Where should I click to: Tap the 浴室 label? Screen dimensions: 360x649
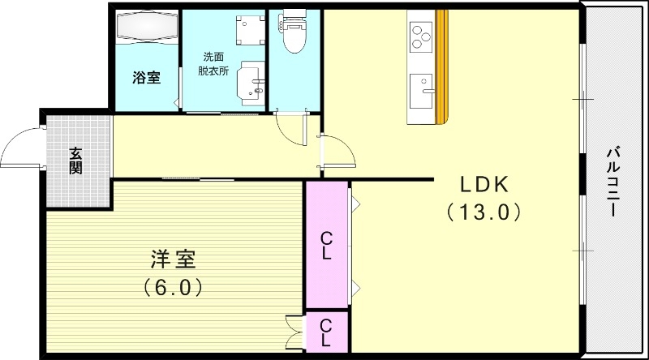click(146, 78)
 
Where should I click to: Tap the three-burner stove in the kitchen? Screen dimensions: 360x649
click(421, 34)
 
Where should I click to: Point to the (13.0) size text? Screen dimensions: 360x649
click(482, 212)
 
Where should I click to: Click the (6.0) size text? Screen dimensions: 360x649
click(172, 287)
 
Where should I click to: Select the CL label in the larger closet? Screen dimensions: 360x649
click(325, 245)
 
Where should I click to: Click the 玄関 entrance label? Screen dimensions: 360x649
click(75, 160)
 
